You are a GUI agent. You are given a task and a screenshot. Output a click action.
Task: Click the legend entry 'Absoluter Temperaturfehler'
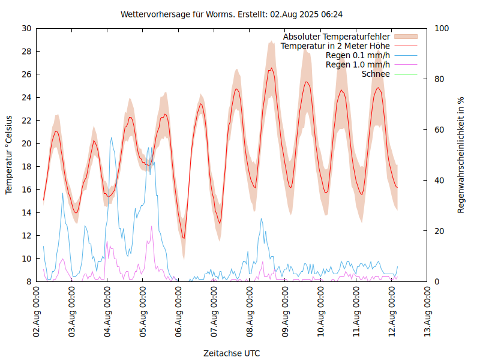[x=337, y=36]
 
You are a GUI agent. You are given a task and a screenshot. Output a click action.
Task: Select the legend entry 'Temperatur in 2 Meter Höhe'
[x=335, y=46]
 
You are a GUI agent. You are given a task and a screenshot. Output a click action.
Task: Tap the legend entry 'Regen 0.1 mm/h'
[x=358, y=55]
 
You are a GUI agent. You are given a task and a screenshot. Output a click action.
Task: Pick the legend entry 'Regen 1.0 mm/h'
[x=358, y=65]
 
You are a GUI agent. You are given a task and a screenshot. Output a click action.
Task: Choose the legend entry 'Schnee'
[x=376, y=74]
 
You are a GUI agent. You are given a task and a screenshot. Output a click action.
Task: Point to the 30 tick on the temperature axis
[x=26, y=28]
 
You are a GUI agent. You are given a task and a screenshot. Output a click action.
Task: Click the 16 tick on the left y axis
[x=26, y=190]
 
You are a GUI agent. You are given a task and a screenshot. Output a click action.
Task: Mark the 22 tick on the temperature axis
[x=26, y=121]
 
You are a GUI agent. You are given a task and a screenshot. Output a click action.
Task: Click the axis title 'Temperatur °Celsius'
[x=9, y=155]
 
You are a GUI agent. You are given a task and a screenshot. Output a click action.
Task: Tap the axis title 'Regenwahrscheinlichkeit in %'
[x=461, y=155]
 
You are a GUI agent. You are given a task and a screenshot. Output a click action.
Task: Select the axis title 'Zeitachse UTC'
[x=232, y=353]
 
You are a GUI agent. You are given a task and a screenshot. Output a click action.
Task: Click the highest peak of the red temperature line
[x=271, y=68]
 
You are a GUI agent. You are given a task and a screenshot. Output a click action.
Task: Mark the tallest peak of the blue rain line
[x=111, y=138]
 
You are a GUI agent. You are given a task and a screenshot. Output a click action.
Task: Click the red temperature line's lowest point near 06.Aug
[x=184, y=238]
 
